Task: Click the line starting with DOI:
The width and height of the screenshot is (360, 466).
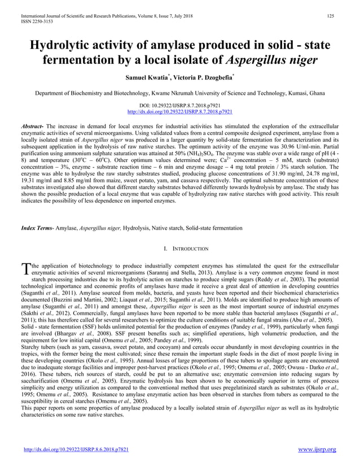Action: point(179,105)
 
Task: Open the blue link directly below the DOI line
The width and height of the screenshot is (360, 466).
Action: point(179,112)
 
